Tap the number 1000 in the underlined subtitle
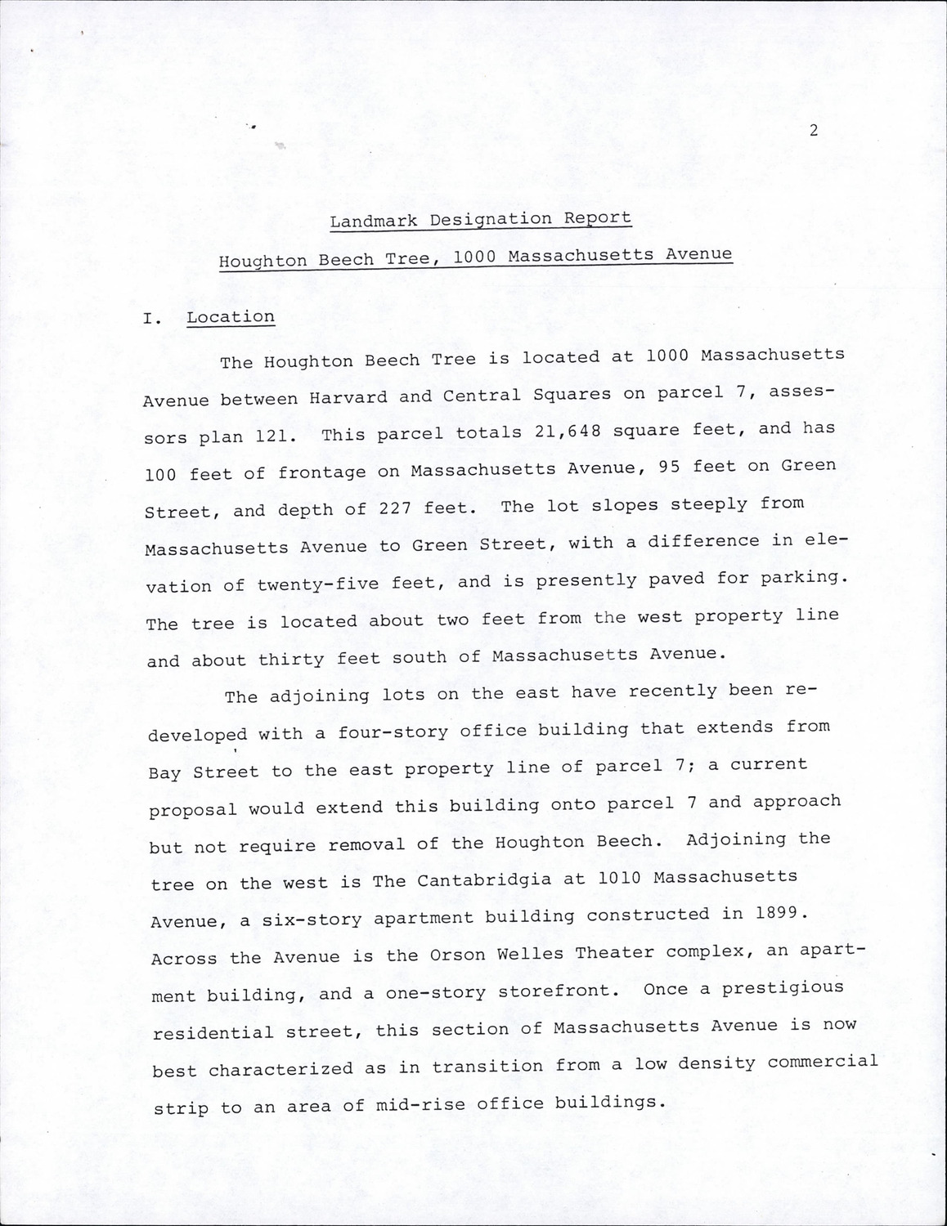point(474,257)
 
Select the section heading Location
point(231,317)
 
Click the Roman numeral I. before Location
point(150,320)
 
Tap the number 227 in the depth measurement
point(394,508)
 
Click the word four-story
point(388,732)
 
